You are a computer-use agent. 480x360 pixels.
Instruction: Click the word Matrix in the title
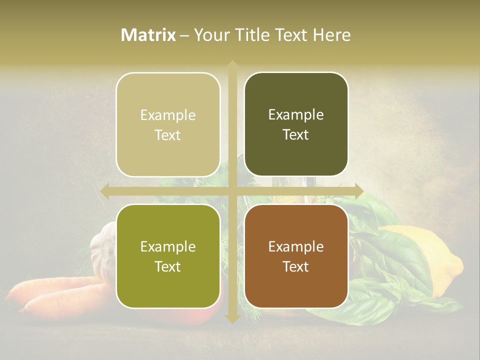pos(148,35)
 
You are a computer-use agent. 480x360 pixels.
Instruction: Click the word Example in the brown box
pos(296,246)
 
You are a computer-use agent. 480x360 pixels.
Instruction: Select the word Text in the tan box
pos(168,135)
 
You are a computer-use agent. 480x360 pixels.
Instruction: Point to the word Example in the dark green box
pos(296,115)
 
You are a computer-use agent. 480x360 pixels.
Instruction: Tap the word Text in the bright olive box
pos(168,267)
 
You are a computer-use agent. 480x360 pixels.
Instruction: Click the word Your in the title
pos(210,35)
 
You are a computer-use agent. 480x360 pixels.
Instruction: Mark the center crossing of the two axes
pos(232,190)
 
